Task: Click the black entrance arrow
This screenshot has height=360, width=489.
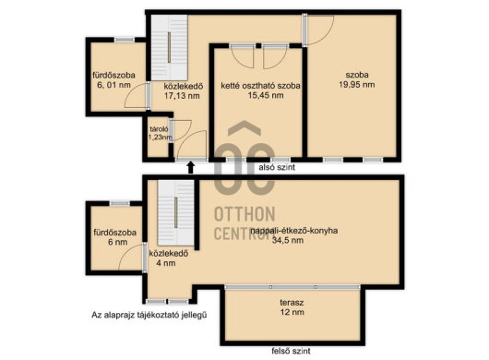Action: (x=191, y=167)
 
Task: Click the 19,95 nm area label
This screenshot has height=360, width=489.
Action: (x=357, y=85)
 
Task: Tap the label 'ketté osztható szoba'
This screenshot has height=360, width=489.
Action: (x=260, y=86)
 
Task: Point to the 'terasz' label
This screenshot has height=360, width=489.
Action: (x=292, y=302)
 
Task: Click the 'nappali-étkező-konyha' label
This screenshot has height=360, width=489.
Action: (x=294, y=231)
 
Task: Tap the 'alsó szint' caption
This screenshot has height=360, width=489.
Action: (x=277, y=167)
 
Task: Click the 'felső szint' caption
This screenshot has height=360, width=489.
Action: (x=291, y=352)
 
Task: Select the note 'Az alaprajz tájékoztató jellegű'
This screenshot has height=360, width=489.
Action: (x=149, y=315)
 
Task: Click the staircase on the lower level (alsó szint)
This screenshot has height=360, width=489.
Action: (x=170, y=48)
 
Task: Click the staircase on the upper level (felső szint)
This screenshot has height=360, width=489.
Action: (x=176, y=213)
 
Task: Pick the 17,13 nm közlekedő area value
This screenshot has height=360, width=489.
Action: (x=182, y=96)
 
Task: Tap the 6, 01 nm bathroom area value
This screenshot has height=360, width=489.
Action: (x=113, y=85)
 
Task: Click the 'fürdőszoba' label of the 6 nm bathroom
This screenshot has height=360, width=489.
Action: (x=115, y=233)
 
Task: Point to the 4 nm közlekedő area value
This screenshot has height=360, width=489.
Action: (x=165, y=263)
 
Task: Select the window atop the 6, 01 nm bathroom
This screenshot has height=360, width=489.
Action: (x=125, y=40)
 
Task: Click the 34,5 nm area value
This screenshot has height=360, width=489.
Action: (x=288, y=240)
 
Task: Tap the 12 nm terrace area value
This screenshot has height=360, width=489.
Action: (x=292, y=312)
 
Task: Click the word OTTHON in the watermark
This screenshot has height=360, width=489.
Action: (x=244, y=214)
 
